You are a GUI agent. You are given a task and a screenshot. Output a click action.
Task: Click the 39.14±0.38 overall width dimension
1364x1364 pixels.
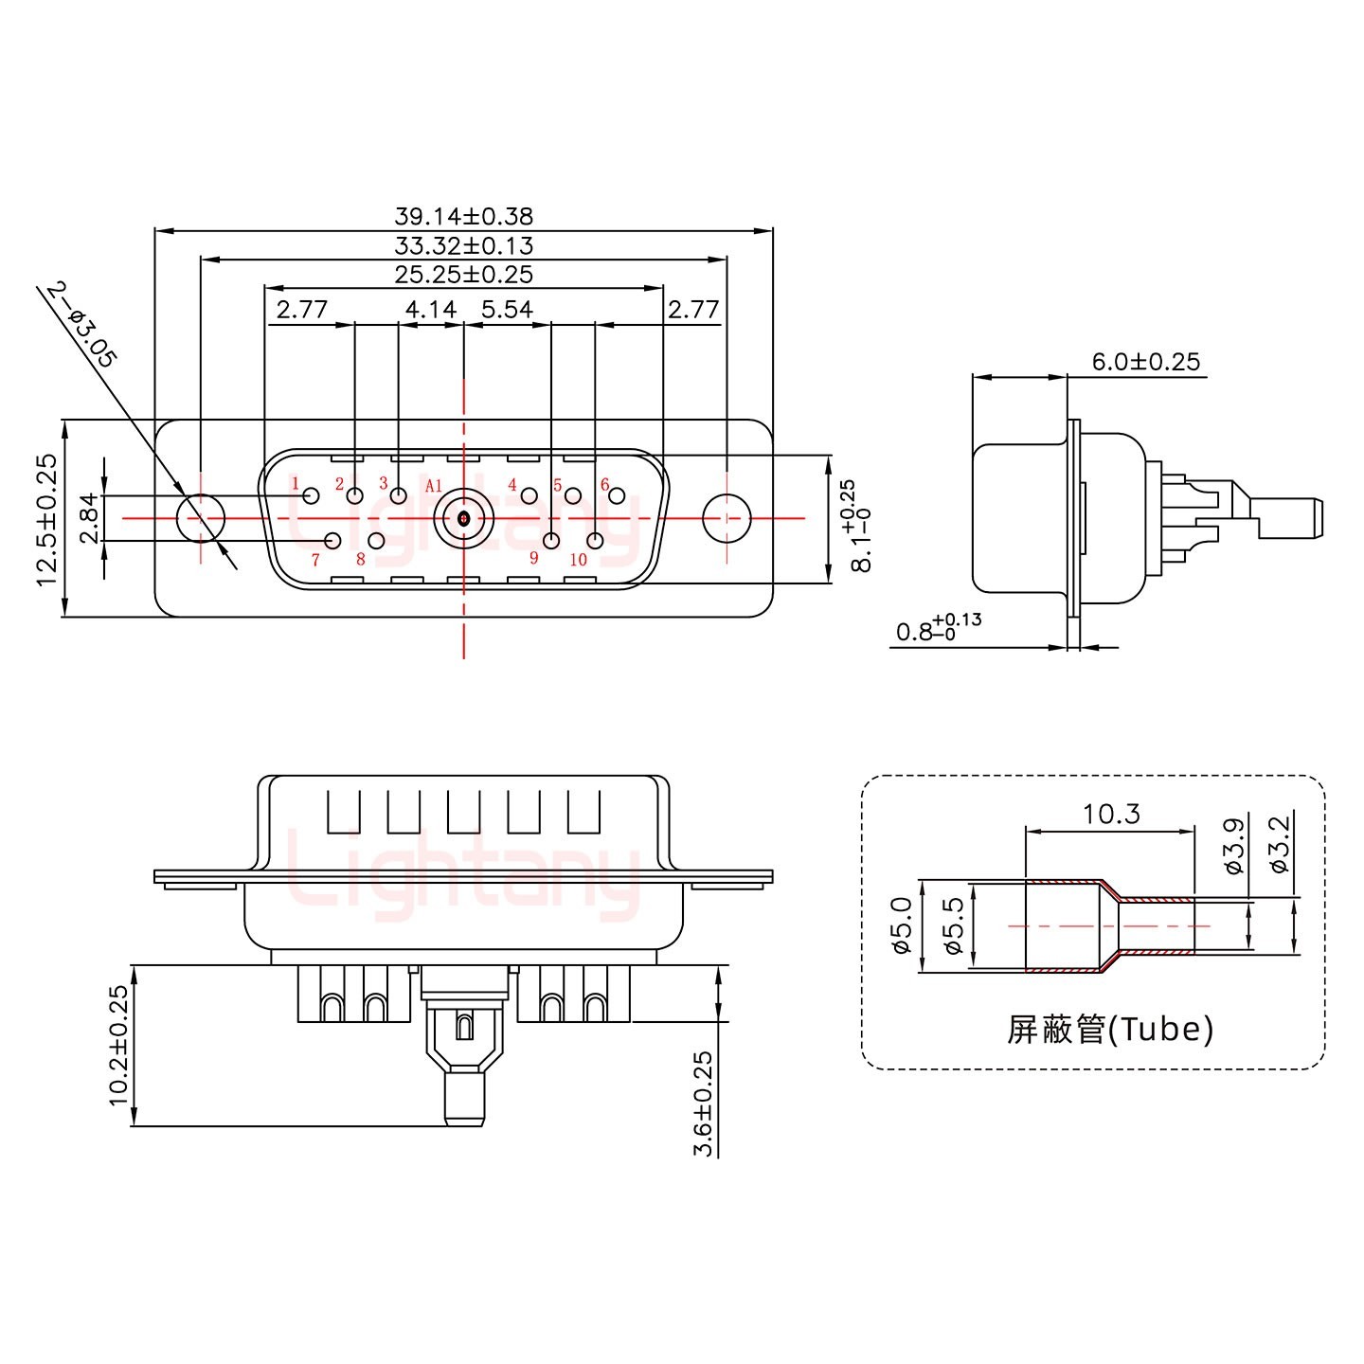tap(463, 217)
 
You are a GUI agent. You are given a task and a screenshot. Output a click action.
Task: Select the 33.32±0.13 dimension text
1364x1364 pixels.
tap(463, 246)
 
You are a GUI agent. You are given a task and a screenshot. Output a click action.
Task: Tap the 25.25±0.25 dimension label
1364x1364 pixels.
tap(463, 275)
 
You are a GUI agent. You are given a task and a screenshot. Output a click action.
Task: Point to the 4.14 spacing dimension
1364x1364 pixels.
tap(431, 310)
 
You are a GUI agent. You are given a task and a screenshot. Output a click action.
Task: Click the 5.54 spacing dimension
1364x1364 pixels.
tap(508, 310)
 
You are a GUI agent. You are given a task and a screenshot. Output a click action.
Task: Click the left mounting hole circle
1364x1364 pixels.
tap(201, 518)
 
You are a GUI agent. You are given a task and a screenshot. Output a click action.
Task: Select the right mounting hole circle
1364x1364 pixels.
tap(727, 518)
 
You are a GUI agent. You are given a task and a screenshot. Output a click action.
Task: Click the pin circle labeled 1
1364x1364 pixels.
tap(311, 495)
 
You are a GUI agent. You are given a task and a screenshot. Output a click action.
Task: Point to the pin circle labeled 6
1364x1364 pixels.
tap(617, 495)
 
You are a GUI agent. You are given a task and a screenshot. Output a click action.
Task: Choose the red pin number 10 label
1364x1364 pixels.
tap(578, 560)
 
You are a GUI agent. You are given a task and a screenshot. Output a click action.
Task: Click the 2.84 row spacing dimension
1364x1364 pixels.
tap(88, 518)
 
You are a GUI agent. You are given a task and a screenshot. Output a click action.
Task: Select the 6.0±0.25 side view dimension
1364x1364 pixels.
tap(1145, 362)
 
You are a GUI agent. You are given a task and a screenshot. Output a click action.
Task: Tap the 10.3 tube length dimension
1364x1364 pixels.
tap(1111, 814)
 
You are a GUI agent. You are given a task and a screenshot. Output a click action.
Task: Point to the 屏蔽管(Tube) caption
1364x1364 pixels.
tap(1109, 1029)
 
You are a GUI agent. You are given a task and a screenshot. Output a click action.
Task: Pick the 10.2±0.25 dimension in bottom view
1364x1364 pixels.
tap(118, 1046)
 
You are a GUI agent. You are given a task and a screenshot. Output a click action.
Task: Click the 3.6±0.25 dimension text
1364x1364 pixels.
tap(704, 1104)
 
